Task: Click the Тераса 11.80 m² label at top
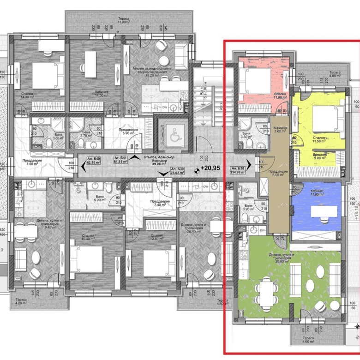click(x=123, y=20)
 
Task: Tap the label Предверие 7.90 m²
click(x=22, y=162)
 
